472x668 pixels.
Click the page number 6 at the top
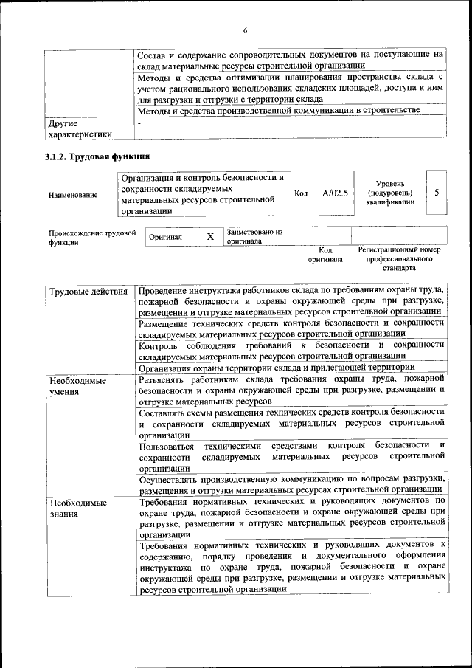pyautogui.click(x=245, y=30)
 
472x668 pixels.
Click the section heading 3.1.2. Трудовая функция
pyautogui.click(x=97, y=156)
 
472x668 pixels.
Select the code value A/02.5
pyautogui.click(x=334, y=193)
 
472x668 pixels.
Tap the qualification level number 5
pyautogui.click(x=437, y=193)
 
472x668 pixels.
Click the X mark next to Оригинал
pyautogui.click(x=210, y=237)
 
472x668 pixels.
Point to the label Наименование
pyautogui.click(x=72, y=195)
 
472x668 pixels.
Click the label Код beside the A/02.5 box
pyautogui.click(x=301, y=193)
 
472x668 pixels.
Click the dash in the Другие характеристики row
pyautogui.click(x=139, y=123)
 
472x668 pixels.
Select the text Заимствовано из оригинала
pyautogui.click(x=254, y=236)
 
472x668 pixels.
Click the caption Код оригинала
pyautogui.click(x=325, y=255)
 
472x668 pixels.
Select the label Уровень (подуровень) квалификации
pyautogui.click(x=389, y=192)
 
